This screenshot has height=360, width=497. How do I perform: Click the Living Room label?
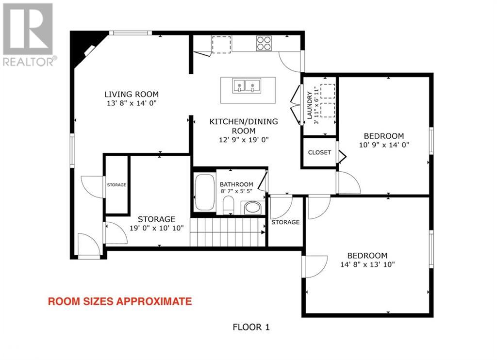point(132,94)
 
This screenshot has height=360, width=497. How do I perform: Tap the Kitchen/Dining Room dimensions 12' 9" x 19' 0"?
point(244,140)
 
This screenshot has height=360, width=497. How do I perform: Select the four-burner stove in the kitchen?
point(264,43)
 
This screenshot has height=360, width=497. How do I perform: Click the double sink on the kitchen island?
point(247,86)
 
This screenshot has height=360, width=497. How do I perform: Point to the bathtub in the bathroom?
point(204,192)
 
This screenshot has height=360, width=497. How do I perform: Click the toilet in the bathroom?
point(228,205)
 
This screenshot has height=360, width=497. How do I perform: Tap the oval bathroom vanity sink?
point(252,208)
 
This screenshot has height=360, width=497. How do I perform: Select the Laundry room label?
point(309,105)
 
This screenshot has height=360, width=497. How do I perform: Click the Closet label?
point(319,152)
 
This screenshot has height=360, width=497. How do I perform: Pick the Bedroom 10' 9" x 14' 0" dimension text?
point(384,145)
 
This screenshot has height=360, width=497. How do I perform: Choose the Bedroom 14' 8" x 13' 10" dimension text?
point(367,264)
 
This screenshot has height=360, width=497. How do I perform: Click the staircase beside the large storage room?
point(228,232)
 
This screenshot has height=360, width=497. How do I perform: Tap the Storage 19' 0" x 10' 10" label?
point(157,223)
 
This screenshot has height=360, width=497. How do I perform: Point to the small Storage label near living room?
point(116,185)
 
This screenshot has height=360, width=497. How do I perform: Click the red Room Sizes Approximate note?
point(120,301)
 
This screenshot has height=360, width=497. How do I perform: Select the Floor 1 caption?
point(251,327)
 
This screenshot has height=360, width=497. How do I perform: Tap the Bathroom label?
point(236,184)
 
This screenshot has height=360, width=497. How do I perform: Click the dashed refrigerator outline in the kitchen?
point(221,44)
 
